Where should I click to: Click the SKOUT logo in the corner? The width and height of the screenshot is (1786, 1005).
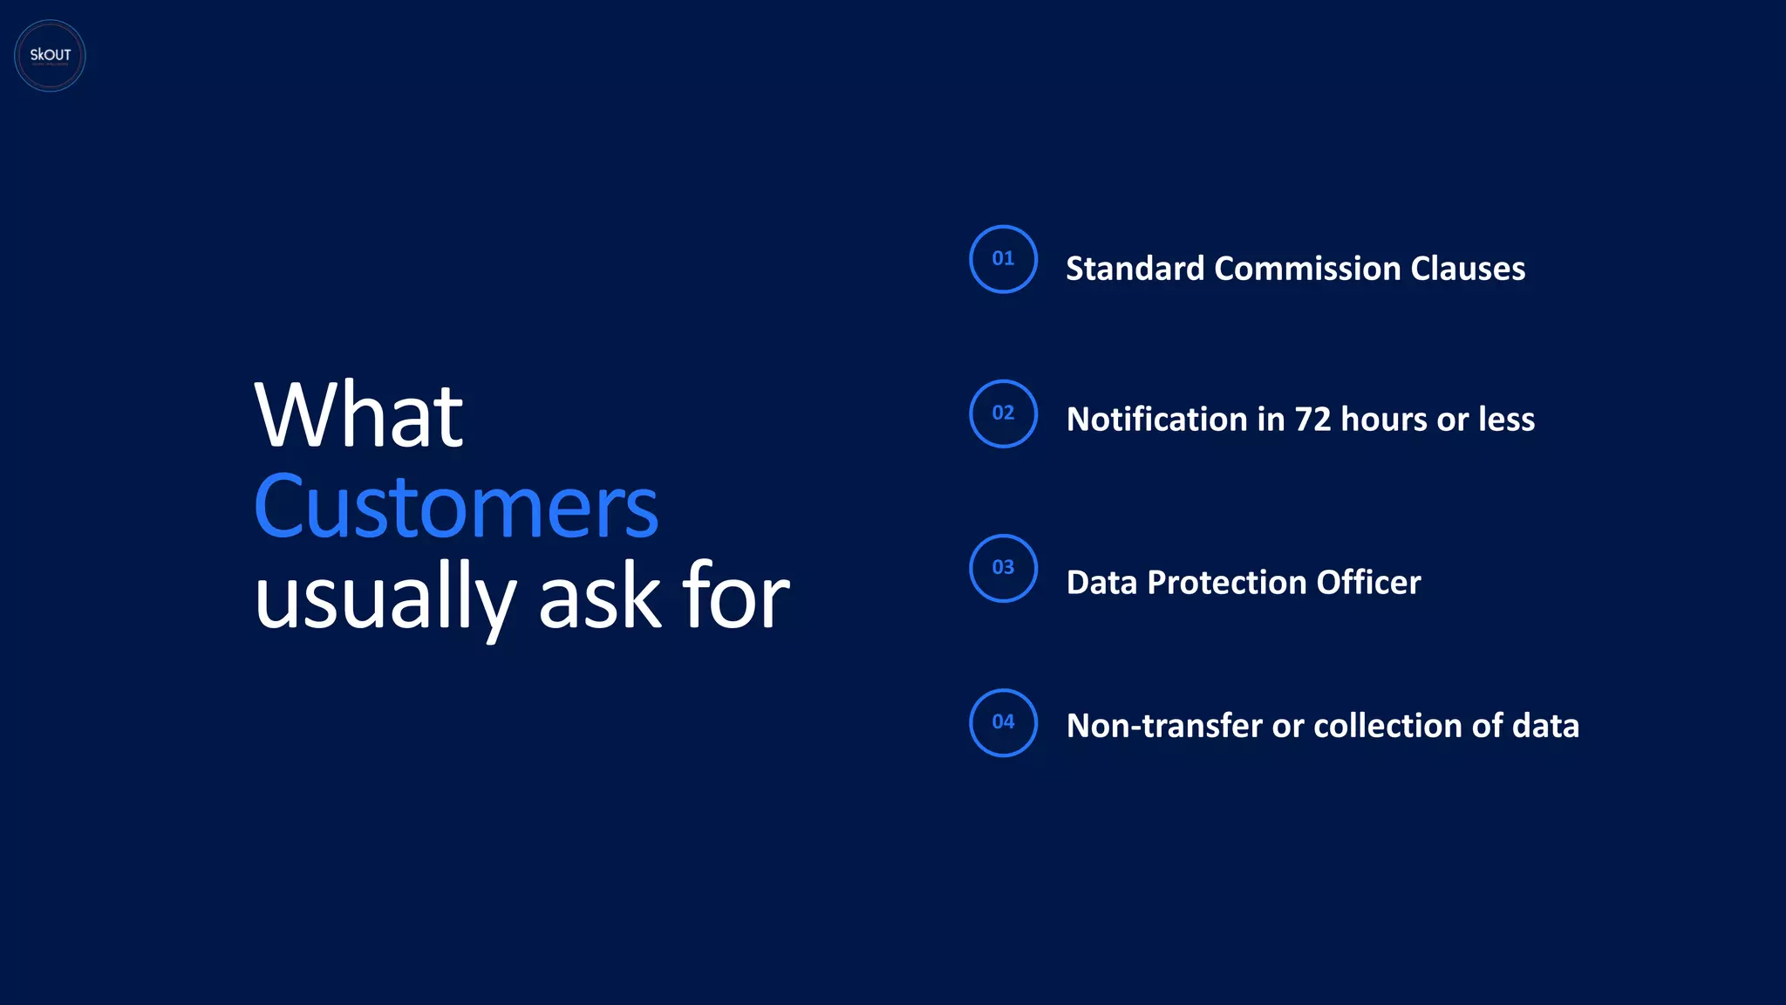point(50,56)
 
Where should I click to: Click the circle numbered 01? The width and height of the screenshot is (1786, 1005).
point(1003,259)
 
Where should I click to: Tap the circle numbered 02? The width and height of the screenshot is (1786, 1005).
point(1003,414)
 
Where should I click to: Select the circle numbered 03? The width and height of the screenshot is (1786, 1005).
point(1003,568)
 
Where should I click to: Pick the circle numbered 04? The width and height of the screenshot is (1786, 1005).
point(1003,722)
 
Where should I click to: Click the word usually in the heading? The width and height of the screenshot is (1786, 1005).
point(385,598)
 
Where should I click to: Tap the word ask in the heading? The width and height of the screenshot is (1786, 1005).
point(600,597)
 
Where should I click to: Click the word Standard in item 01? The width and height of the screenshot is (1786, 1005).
point(1135,269)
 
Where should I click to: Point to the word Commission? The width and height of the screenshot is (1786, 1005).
point(1307,269)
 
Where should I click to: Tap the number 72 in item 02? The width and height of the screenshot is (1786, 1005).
point(1312,420)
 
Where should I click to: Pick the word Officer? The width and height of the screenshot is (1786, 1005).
point(1368,583)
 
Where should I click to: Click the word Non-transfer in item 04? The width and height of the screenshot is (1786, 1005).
point(1164,726)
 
